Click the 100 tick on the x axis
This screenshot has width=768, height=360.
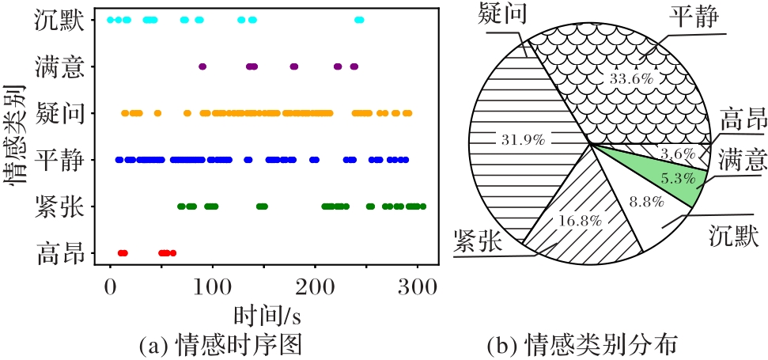(213, 287)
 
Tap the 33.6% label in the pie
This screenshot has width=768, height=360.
(630, 78)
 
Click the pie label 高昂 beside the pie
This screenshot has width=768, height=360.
(743, 123)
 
